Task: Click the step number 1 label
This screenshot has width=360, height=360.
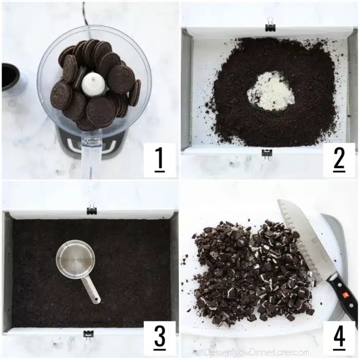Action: click(x=159, y=160)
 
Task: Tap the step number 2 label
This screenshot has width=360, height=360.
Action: click(x=339, y=160)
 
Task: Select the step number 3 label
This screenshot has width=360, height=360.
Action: click(x=160, y=337)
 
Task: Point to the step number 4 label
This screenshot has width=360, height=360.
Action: click(x=339, y=337)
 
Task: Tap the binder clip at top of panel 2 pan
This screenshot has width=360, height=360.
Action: click(x=270, y=25)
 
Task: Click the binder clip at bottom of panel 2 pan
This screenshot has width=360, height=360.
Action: click(x=267, y=154)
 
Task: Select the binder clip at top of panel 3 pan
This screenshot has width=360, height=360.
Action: click(x=92, y=207)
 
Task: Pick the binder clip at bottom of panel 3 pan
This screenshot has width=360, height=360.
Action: click(x=88, y=336)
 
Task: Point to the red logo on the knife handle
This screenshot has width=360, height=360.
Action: click(x=345, y=294)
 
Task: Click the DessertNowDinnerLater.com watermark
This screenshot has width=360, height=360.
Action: click(x=257, y=352)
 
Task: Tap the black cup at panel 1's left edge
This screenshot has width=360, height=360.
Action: click(x=10, y=77)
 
